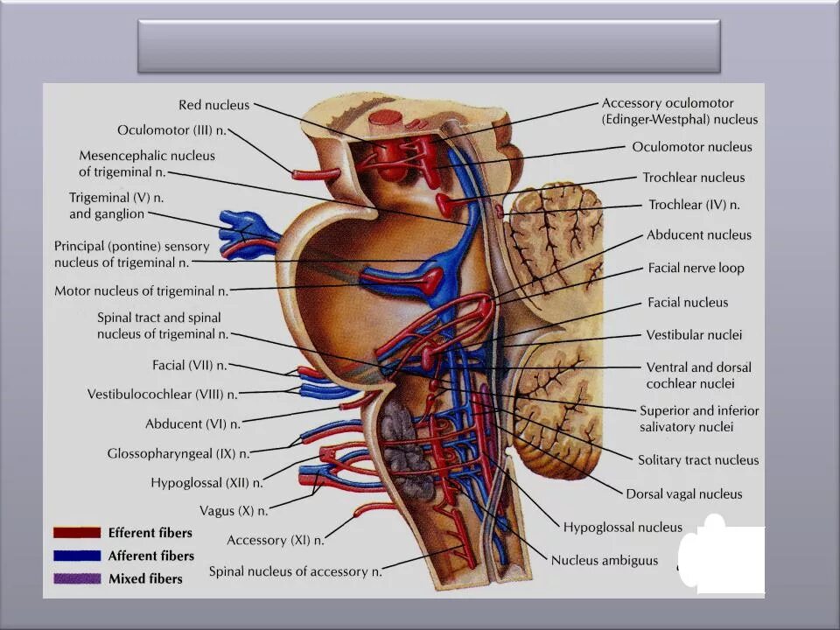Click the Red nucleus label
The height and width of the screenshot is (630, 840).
click(214, 105)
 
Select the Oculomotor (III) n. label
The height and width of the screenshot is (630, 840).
click(172, 130)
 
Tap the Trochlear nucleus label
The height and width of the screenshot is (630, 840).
click(694, 178)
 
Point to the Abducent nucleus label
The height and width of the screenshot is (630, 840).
click(699, 235)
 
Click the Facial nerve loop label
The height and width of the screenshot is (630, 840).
click(696, 269)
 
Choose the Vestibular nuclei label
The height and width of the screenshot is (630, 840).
click(694, 335)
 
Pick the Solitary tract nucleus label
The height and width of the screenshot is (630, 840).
click(698, 460)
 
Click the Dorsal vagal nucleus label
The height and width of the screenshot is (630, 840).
click(683, 494)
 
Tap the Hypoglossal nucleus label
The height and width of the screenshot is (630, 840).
click(622, 528)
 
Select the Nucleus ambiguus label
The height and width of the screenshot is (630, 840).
click(604, 561)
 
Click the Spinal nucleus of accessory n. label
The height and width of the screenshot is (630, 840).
click(295, 572)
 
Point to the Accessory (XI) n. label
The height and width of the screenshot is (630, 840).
click(276, 541)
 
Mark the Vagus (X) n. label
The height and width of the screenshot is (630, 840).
click(234, 510)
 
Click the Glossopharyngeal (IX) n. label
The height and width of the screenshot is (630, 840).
click(178, 454)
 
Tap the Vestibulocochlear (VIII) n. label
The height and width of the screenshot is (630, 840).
click(162, 395)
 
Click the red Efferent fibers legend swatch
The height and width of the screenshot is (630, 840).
click(76, 533)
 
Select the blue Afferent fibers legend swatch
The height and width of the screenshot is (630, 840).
click(76, 556)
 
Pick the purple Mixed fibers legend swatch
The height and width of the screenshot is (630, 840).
click(76, 578)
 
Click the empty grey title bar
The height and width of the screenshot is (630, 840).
click(429, 46)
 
